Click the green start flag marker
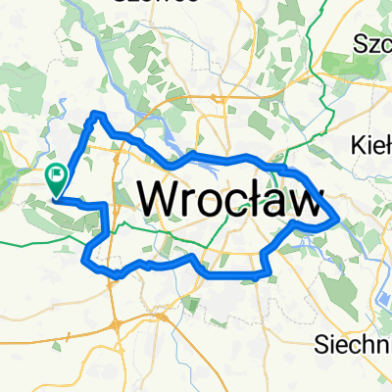tap(56, 178)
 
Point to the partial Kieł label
tap(370, 145)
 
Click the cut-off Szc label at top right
tap(372, 44)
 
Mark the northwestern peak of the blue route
tap(97, 115)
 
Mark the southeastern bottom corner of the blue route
tap(263, 274)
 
